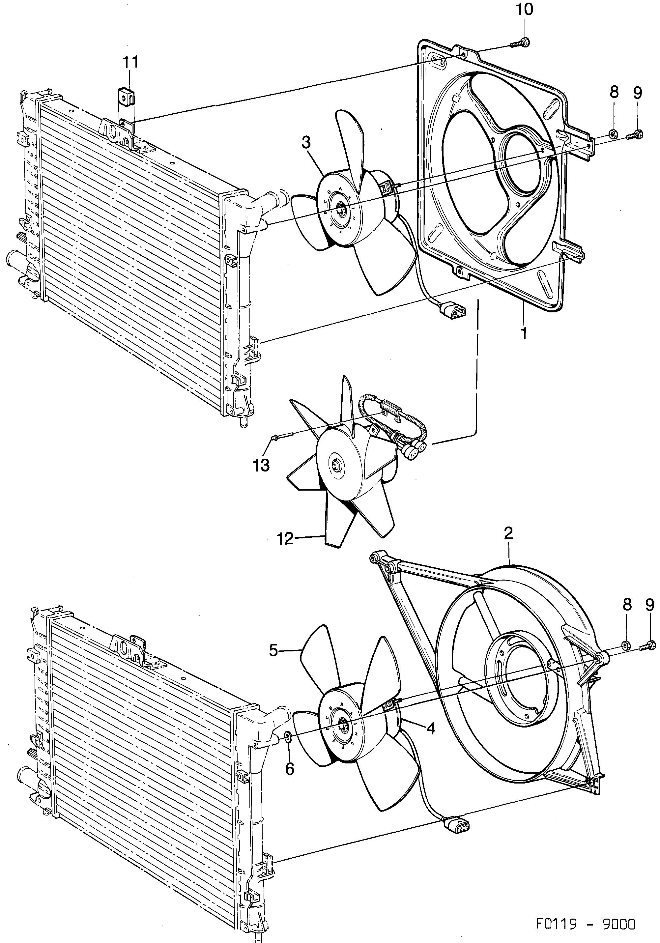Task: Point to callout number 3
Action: point(306,143)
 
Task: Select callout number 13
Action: point(261,465)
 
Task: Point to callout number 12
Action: point(285,538)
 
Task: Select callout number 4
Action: point(430,728)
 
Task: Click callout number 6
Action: point(290,769)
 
